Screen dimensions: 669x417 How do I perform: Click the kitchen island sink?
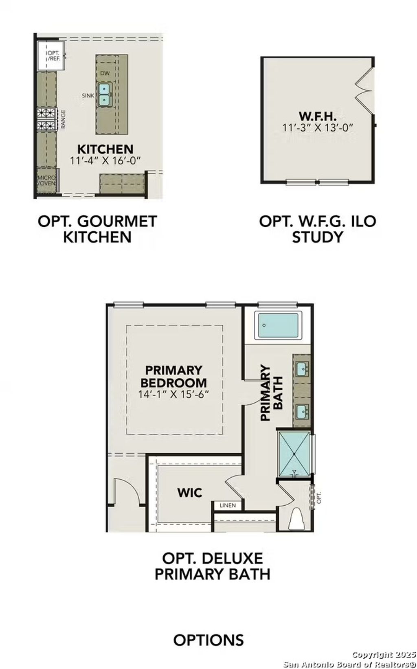[x=105, y=94]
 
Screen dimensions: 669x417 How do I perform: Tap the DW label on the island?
[x=105, y=73]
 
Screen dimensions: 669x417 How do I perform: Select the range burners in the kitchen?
[x=46, y=119]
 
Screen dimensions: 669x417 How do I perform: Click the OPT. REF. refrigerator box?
[x=50, y=56]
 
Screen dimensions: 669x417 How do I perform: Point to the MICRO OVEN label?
[x=46, y=181]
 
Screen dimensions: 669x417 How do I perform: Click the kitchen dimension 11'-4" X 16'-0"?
[x=105, y=160]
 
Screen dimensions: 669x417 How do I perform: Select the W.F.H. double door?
[x=364, y=90]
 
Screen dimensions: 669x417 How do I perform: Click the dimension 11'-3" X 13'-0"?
[x=317, y=127]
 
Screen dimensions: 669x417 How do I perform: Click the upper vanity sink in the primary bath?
[x=302, y=368]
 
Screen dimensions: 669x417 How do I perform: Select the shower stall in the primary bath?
[x=294, y=453]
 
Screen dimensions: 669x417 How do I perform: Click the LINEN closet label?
[x=228, y=505]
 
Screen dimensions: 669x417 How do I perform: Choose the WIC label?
[x=190, y=493]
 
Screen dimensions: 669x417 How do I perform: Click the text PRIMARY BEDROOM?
[x=173, y=376]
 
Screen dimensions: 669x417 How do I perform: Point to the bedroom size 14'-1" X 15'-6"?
[x=173, y=394]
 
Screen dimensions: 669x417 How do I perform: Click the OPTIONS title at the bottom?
[x=208, y=640]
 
